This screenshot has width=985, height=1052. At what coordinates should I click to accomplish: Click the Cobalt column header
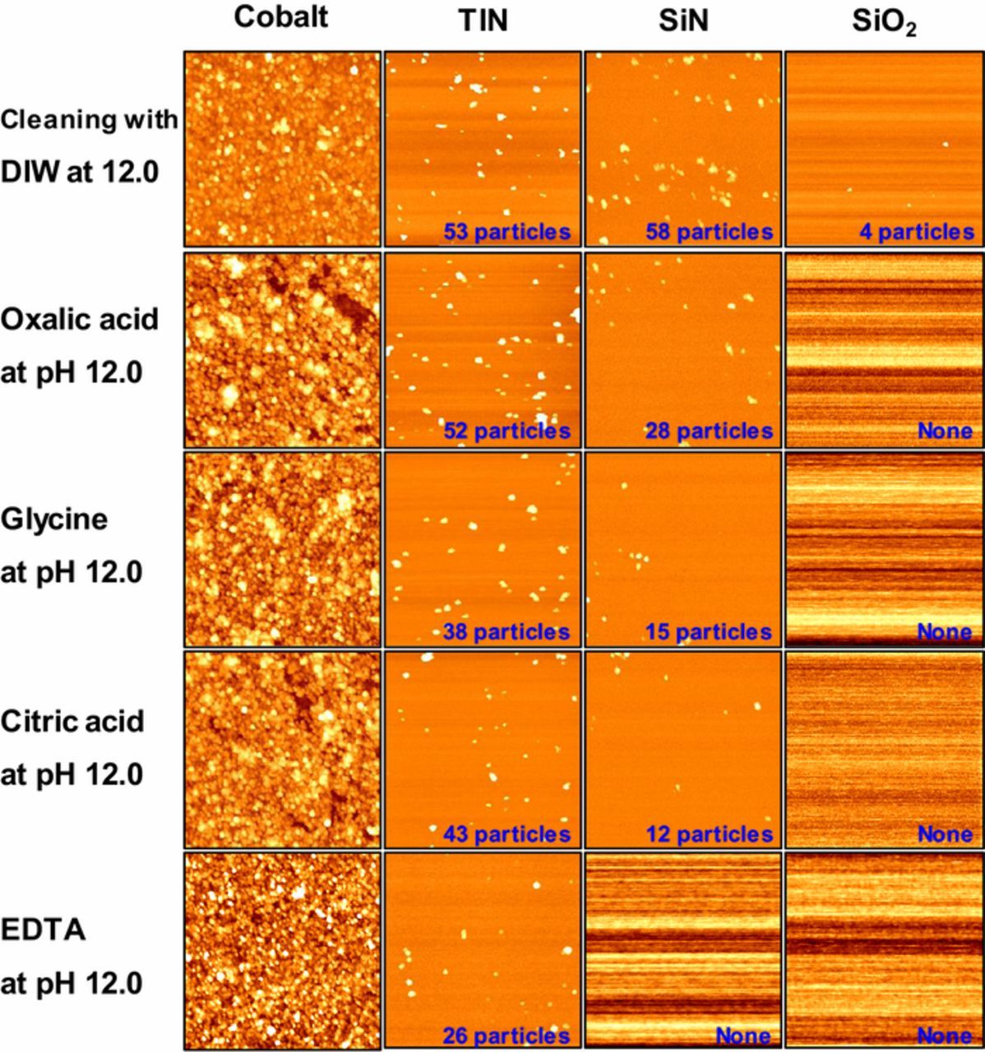(x=280, y=18)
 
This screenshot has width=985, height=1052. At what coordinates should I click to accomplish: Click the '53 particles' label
(x=506, y=232)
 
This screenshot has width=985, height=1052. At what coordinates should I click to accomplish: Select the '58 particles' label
(x=709, y=232)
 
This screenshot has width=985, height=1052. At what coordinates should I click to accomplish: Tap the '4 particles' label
(x=916, y=232)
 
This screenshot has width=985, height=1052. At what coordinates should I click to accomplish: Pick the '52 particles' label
(x=506, y=431)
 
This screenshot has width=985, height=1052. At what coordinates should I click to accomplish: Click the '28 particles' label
(x=709, y=431)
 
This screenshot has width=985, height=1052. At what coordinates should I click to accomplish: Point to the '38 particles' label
(x=506, y=632)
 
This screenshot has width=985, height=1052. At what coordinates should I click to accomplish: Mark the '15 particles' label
(x=708, y=632)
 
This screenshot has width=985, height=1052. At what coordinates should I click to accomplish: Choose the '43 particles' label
(x=506, y=834)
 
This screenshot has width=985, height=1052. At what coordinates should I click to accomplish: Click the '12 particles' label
(x=709, y=834)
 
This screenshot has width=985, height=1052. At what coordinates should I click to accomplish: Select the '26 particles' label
(x=506, y=1036)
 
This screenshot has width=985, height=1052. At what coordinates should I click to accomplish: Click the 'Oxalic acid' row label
(x=80, y=319)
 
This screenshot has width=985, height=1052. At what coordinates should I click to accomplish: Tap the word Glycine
(x=54, y=520)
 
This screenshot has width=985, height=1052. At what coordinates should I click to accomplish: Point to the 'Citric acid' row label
(x=72, y=722)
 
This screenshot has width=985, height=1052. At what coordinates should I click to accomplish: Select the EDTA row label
(x=43, y=930)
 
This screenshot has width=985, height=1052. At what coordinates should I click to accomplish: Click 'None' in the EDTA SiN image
(x=743, y=1036)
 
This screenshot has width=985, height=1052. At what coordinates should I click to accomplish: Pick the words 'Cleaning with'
(x=89, y=120)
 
